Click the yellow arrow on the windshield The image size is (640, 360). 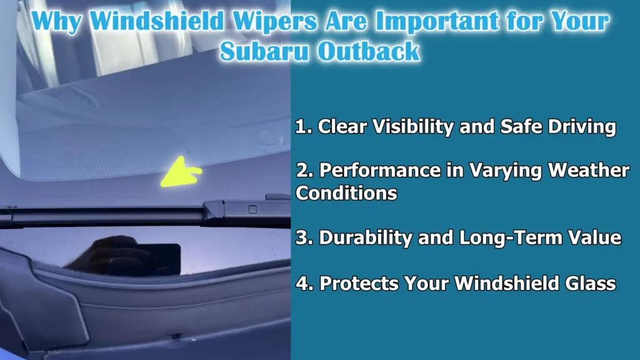tap(180, 172)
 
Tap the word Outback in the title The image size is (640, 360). tap(368, 51)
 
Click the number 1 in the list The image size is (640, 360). tap(301, 127)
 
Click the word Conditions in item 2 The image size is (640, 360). tap(346, 193)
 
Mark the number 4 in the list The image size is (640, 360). tap(302, 283)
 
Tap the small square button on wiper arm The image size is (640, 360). tap(252, 209)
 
